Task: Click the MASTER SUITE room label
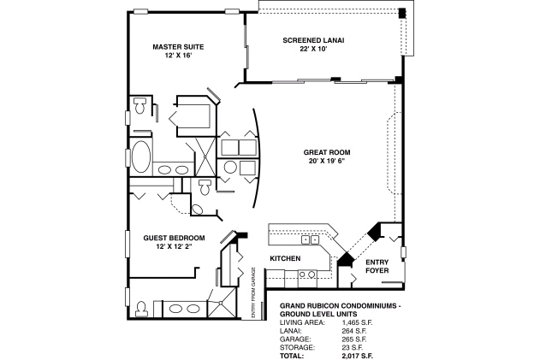pyautogui.click(x=178, y=46)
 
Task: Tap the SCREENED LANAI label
pyautogui.click(x=314, y=39)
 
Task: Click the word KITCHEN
pyautogui.click(x=284, y=257)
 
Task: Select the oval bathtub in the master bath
pyautogui.click(x=140, y=156)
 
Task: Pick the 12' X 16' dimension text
pyautogui.click(x=178, y=56)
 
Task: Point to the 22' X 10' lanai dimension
pyautogui.click(x=314, y=49)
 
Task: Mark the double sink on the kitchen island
pyautogui.click(x=306, y=274)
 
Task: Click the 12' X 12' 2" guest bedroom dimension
pyautogui.click(x=174, y=246)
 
